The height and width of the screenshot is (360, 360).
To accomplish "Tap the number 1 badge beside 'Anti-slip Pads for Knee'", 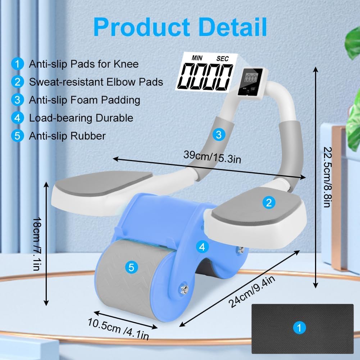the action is pyautogui.click(x=17, y=64).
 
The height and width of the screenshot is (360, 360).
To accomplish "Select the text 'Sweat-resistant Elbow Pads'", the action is pyautogui.click(x=96, y=82).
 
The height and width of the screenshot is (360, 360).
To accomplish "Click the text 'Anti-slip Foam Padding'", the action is pyautogui.click(x=85, y=100).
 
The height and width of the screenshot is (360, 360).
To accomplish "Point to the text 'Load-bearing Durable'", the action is pyautogui.click(x=81, y=118).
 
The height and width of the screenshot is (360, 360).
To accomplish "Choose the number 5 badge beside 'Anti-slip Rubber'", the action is pyautogui.click(x=17, y=136).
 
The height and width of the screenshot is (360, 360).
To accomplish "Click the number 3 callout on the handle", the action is pyautogui.click(x=218, y=135).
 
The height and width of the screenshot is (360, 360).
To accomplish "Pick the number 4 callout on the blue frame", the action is pyautogui.click(x=202, y=247).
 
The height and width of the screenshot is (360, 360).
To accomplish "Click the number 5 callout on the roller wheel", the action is pyautogui.click(x=131, y=267).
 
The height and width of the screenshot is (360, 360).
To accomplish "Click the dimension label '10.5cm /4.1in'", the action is pyautogui.click(x=118, y=328).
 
